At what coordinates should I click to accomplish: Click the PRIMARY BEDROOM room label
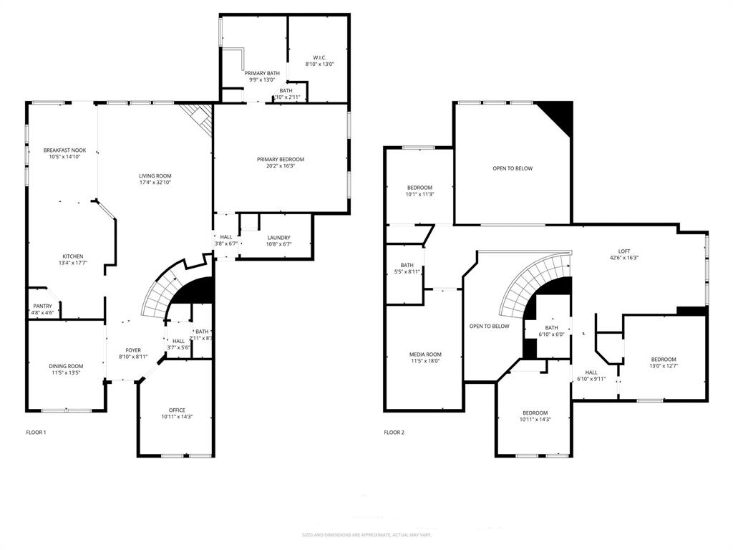pos(281,159)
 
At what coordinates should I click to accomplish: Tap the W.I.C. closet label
pos(319,57)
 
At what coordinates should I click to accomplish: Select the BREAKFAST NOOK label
pos(64,150)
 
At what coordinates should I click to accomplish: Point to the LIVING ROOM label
pos(155,175)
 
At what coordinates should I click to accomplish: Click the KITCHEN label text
pos(72,256)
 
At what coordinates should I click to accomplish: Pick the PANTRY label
pos(42,306)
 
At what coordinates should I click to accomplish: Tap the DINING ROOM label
pos(66,366)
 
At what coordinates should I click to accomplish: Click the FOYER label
pos(133,349)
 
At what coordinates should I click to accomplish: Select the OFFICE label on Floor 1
pos(177,410)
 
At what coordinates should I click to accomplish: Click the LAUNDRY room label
pos(278,237)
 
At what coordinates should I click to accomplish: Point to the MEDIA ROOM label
pos(425,354)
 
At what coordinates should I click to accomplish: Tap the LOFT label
pos(624,251)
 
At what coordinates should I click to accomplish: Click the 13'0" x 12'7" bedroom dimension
pos(663,366)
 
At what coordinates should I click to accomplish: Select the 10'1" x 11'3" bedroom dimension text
pos(420,194)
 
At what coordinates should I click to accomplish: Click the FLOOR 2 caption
pos(394,433)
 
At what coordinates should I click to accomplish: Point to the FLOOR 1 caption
pos(36,433)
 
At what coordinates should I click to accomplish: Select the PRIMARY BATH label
pos(262,73)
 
